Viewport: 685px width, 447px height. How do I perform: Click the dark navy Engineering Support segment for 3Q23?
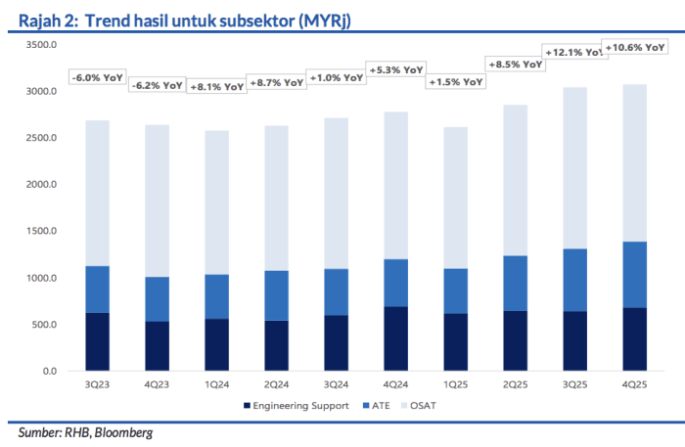[98, 341]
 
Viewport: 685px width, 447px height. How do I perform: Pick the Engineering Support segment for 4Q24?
[396, 338]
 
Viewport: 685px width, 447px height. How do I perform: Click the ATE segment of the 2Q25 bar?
[515, 283]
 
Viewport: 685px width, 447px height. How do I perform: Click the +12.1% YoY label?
[574, 52]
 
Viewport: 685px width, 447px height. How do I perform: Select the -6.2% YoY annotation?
[158, 85]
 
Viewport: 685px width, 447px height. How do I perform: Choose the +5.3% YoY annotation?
[395, 69]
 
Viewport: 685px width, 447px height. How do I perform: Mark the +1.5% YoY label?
[455, 82]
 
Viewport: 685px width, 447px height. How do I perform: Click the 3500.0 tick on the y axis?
[43, 45]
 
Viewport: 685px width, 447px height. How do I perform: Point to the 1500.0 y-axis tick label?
[43, 232]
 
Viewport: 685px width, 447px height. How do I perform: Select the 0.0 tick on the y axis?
[51, 372]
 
